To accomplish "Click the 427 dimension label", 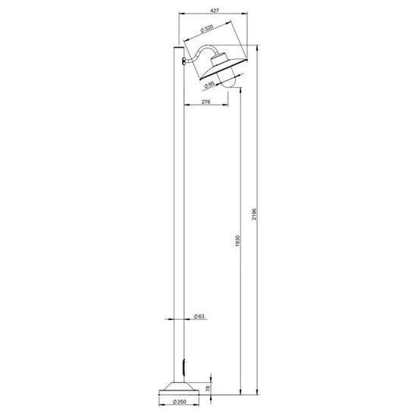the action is tap(215, 11).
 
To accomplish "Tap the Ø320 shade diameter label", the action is tap(207, 28).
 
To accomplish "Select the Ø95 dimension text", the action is tap(209, 85).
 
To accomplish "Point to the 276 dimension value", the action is tap(205, 102).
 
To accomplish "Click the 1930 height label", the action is tap(238, 240).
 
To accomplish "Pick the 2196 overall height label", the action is tap(254, 214).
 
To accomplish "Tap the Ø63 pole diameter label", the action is tap(199, 316).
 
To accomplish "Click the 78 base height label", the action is tap(208, 388).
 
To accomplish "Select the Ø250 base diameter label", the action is tap(179, 402).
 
